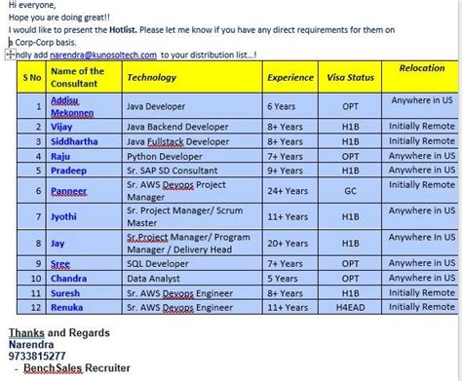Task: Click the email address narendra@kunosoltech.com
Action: click(x=103, y=55)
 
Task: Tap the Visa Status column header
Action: click(x=347, y=76)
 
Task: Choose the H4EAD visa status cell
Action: click(x=347, y=306)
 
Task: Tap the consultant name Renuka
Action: click(x=68, y=306)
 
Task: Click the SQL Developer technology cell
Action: click(x=162, y=263)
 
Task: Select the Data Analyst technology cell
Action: click(x=156, y=278)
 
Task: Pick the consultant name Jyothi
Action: click(x=66, y=216)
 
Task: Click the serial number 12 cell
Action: click(x=32, y=306)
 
